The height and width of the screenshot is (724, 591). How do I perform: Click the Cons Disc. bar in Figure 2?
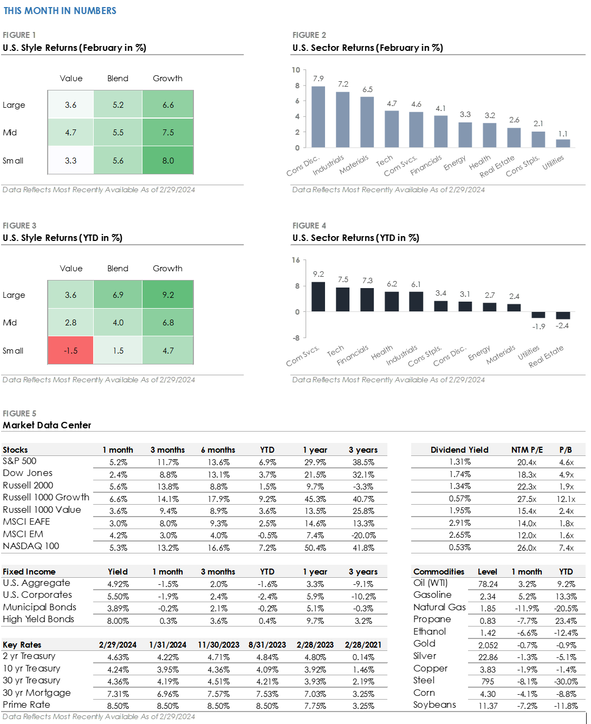point(318,117)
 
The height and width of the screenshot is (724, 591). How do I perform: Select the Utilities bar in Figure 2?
point(563,144)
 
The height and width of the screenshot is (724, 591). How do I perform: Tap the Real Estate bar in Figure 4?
point(563,316)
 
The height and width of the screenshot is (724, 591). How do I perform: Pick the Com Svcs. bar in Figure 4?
point(318,297)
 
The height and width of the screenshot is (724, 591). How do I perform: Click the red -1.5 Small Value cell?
point(70,350)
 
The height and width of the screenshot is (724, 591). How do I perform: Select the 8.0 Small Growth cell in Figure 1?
point(168,160)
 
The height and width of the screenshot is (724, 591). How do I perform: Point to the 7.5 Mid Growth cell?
point(168,132)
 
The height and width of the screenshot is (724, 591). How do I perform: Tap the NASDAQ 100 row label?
point(31,546)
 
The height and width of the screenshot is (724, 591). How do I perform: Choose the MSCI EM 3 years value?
point(363,536)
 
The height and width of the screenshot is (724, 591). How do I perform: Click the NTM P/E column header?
point(527,450)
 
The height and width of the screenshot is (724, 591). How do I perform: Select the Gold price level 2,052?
point(488,645)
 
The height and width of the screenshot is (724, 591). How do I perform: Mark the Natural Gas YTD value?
point(566,609)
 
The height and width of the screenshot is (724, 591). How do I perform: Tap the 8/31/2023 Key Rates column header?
point(267,645)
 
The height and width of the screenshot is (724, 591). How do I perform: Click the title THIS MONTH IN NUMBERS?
point(60,11)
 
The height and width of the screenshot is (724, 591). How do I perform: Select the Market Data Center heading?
point(47,426)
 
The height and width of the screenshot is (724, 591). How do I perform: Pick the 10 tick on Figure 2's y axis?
point(296,70)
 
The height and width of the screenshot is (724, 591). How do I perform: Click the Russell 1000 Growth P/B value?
point(566,499)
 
